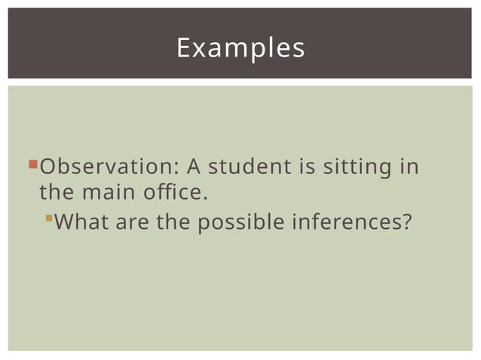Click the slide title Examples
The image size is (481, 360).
click(240, 47)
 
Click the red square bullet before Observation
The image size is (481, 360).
click(32, 163)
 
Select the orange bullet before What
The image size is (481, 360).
click(49, 219)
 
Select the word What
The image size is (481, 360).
click(79, 223)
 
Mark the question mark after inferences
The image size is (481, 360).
click(408, 223)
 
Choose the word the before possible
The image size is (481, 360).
click(174, 223)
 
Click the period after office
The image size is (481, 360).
click(204, 197)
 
